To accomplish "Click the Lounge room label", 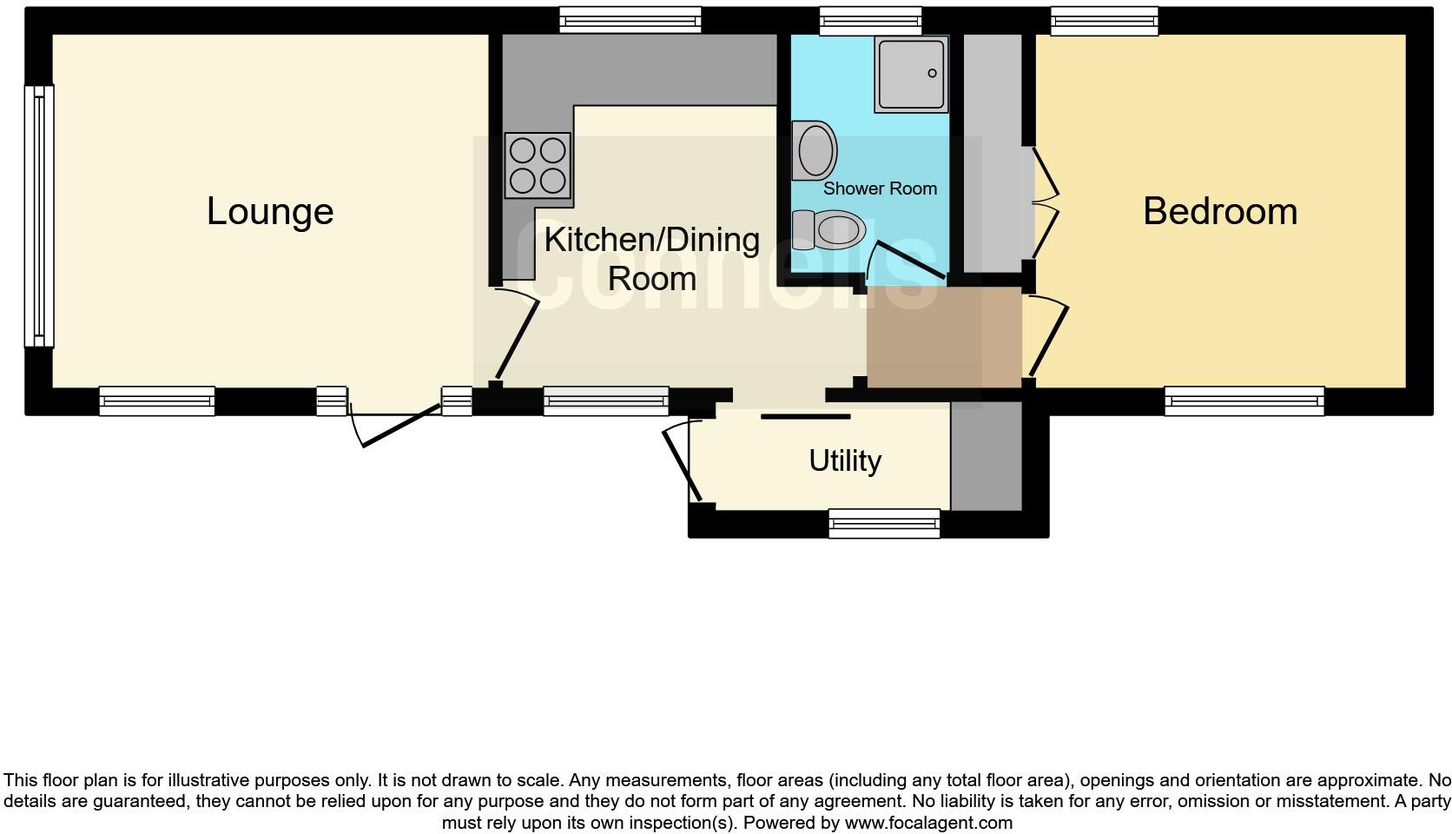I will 270,211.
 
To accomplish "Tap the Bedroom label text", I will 1219,211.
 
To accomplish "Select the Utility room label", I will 844,460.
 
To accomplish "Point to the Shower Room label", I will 880,189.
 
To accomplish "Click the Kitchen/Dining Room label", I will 651,258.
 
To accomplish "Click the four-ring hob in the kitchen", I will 538,166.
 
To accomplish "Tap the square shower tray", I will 911,75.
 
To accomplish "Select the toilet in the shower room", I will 832,229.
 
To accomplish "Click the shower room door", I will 907,261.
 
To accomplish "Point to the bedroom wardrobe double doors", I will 1046,205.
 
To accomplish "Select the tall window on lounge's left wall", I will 38,216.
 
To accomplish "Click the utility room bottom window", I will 884,523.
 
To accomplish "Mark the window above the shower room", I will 870,21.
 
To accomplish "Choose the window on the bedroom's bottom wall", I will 1244,400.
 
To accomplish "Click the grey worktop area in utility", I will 986,457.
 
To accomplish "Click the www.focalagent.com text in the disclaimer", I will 928,822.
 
